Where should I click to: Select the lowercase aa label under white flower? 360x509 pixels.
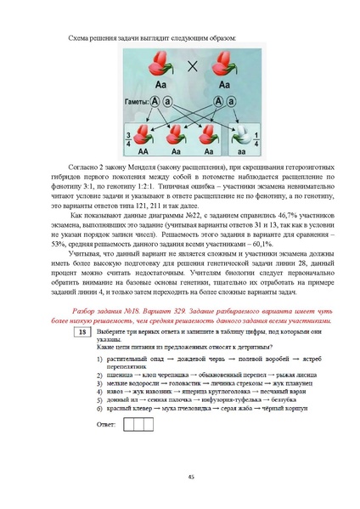(244, 154)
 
